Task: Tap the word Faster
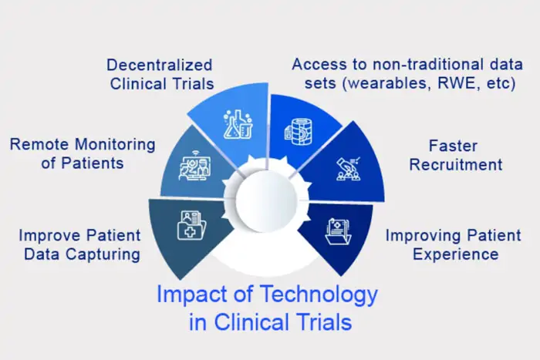(454, 145)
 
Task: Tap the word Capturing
(106, 254)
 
